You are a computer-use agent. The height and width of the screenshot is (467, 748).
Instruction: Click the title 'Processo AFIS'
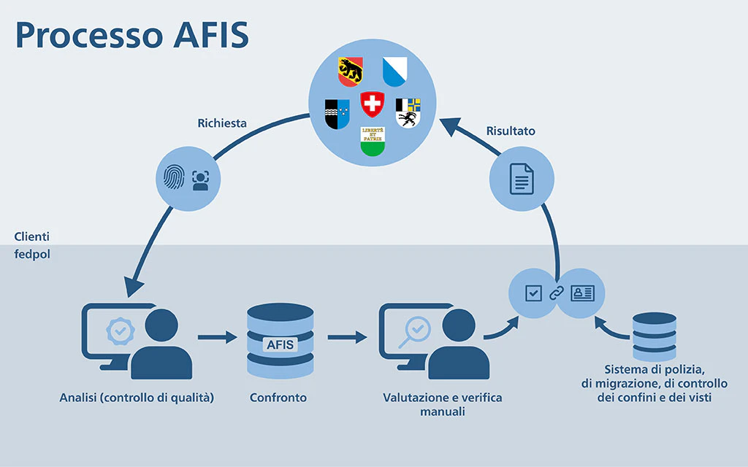click(x=132, y=34)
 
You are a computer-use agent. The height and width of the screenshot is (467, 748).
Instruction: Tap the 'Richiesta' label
click(x=222, y=123)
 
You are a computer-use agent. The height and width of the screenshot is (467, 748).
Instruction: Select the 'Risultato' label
click(x=511, y=131)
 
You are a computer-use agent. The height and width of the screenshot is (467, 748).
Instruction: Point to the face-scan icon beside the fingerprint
click(x=200, y=180)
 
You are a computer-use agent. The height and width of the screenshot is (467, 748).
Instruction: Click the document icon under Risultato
click(x=522, y=179)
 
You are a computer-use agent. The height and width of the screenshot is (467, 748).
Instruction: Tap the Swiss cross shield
click(x=373, y=104)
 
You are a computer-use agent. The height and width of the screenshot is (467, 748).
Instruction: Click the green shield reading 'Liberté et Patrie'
click(x=373, y=140)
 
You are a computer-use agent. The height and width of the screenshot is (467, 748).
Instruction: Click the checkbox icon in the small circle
click(x=534, y=293)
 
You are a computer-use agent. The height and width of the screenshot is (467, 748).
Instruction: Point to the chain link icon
click(x=557, y=293)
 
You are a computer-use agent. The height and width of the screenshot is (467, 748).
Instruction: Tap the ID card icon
click(x=582, y=293)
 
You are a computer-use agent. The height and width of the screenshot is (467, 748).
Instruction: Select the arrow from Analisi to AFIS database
click(x=218, y=338)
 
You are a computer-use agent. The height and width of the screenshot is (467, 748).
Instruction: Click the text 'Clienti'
click(x=31, y=237)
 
